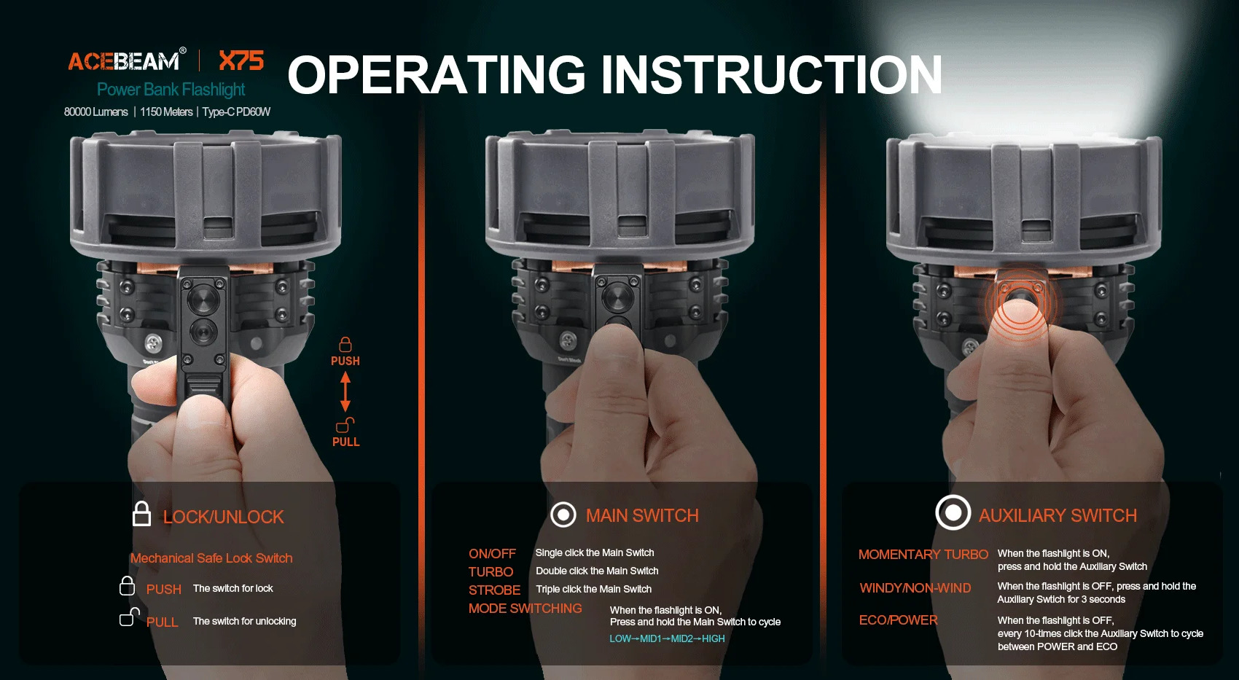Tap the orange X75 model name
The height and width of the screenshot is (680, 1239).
[x=241, y=60]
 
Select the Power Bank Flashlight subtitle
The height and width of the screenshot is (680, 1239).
[x=171, y=89]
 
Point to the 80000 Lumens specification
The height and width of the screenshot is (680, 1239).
[x=96, y=112]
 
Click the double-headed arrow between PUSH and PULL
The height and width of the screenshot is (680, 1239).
[x=345, y=391]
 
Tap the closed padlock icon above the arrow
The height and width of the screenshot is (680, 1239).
[x=345, y=344]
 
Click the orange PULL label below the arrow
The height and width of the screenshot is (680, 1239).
[x=345, y=442]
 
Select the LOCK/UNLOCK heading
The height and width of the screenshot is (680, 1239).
[x=224, y=517]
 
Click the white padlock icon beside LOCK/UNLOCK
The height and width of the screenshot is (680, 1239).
[x=141, y=513]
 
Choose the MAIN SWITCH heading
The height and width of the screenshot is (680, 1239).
[x=642, y=516]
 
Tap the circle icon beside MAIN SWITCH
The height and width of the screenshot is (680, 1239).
[x=563, y=515]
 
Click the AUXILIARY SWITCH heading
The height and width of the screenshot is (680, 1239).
[x=1058, y=516]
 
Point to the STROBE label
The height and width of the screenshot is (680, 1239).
[x=494, y=590]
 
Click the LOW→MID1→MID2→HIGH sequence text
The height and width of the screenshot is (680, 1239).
[x=667, y=638]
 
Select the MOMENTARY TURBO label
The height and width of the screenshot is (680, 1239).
[x=923, y=555]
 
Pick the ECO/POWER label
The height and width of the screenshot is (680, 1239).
[x=898, y=620]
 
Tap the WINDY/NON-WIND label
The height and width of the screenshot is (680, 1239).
[x=915, y=588]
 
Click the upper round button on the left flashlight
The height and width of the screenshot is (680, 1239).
[x=203, y=300]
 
